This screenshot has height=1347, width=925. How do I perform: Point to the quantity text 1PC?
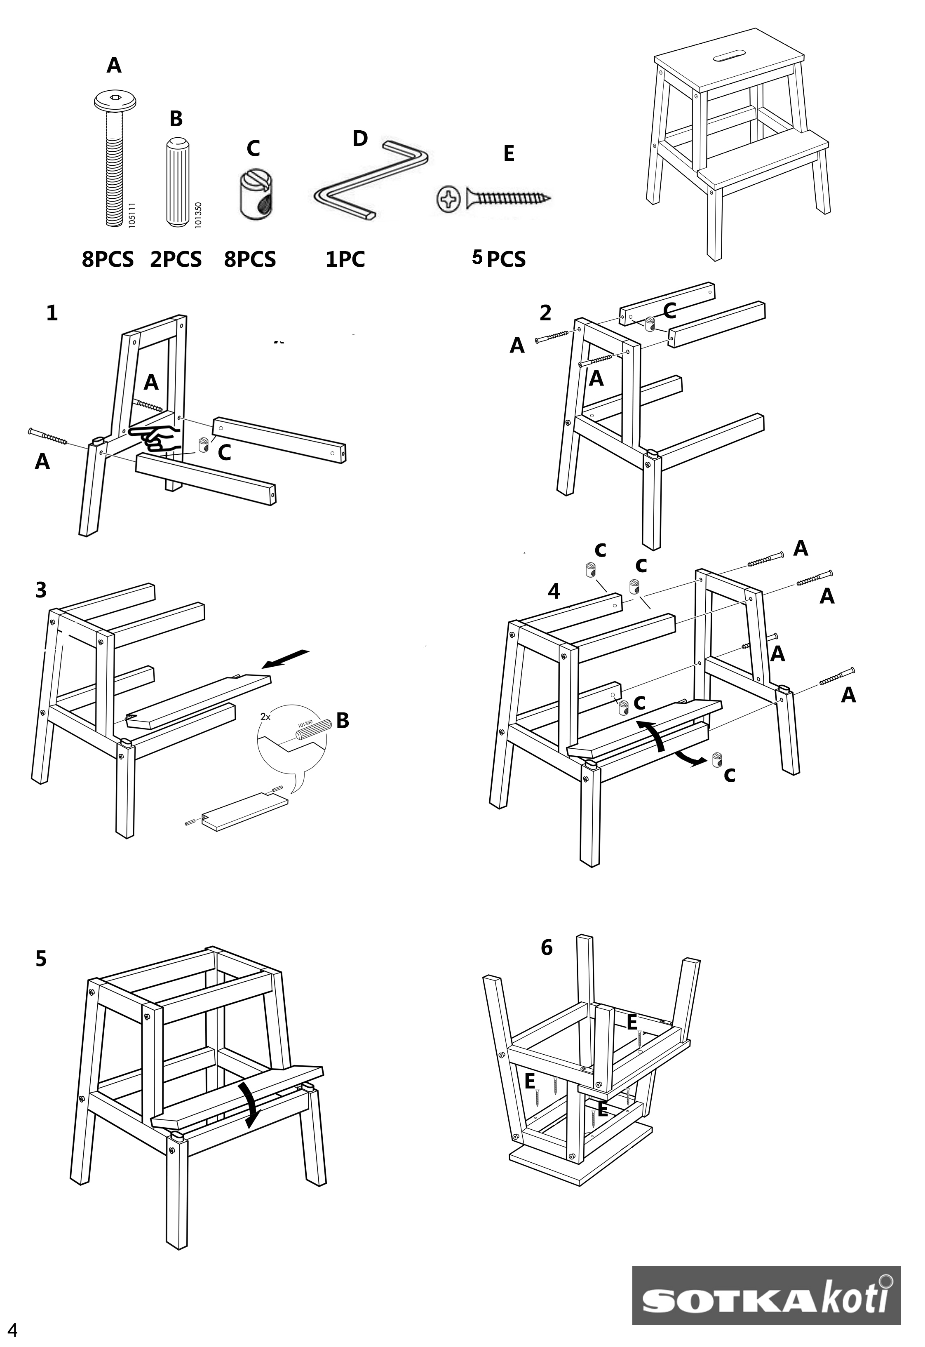click(345, 259)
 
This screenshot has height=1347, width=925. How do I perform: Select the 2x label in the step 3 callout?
click(265, 717)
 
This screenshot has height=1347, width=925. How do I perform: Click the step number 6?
click(547, 947)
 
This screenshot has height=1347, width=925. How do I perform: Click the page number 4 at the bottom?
click(12, 1330)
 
